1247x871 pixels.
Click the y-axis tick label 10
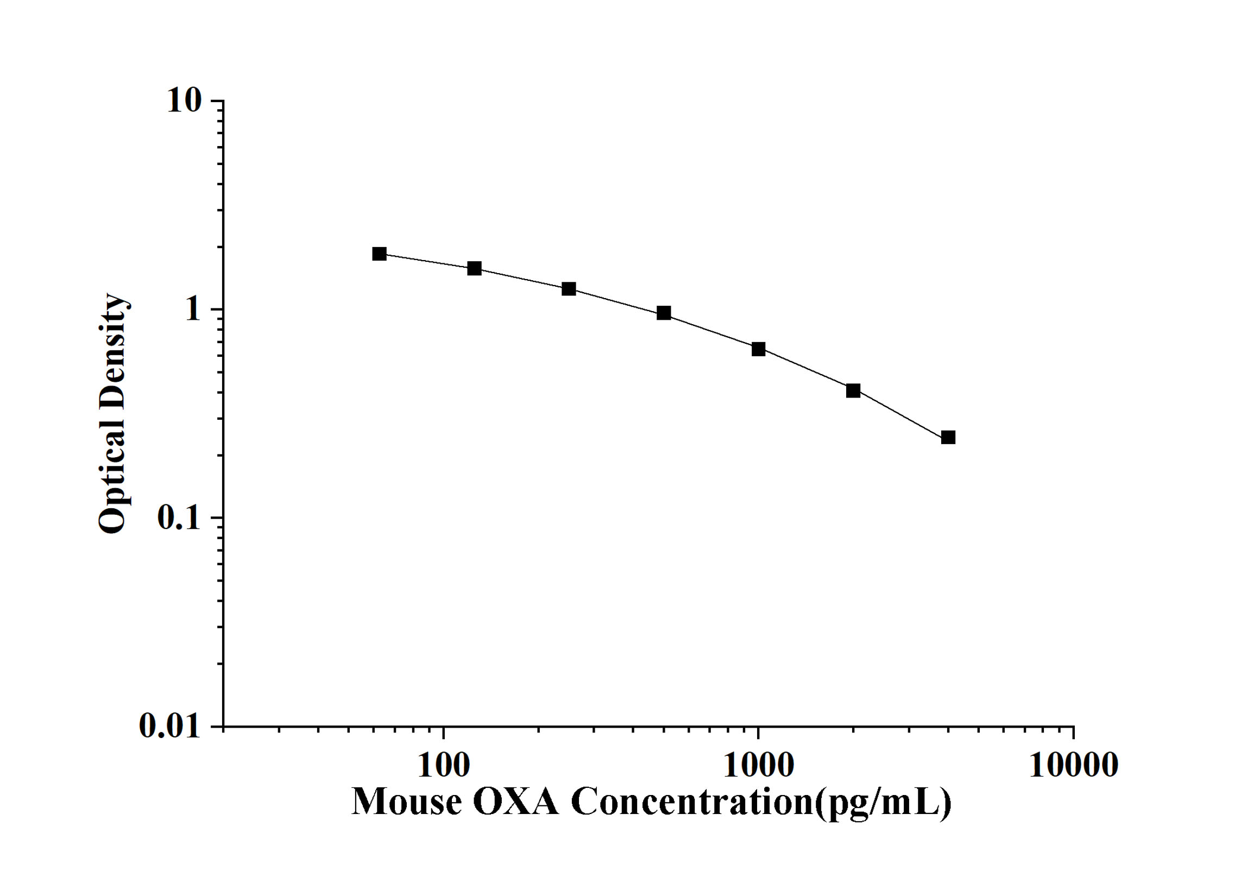point(184,101)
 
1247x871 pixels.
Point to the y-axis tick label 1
point(192,310)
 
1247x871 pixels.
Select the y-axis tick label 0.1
point(179,518)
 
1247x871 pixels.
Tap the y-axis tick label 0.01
point(169,726)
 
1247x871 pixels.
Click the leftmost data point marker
point(379,254)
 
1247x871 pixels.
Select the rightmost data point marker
point(948,437)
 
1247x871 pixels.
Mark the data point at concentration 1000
point(758,349)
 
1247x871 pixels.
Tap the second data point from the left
point(474,268)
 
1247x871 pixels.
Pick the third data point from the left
point(569,289)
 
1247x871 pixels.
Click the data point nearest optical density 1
point(663,313)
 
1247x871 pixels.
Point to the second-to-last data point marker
point(853,390)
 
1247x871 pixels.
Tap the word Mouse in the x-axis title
point(407,801)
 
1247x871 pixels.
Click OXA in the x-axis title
point(515,801)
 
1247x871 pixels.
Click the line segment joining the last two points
point(900,414)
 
